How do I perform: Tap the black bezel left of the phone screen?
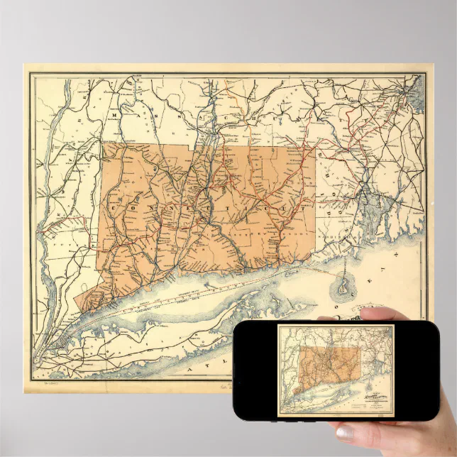255,369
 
